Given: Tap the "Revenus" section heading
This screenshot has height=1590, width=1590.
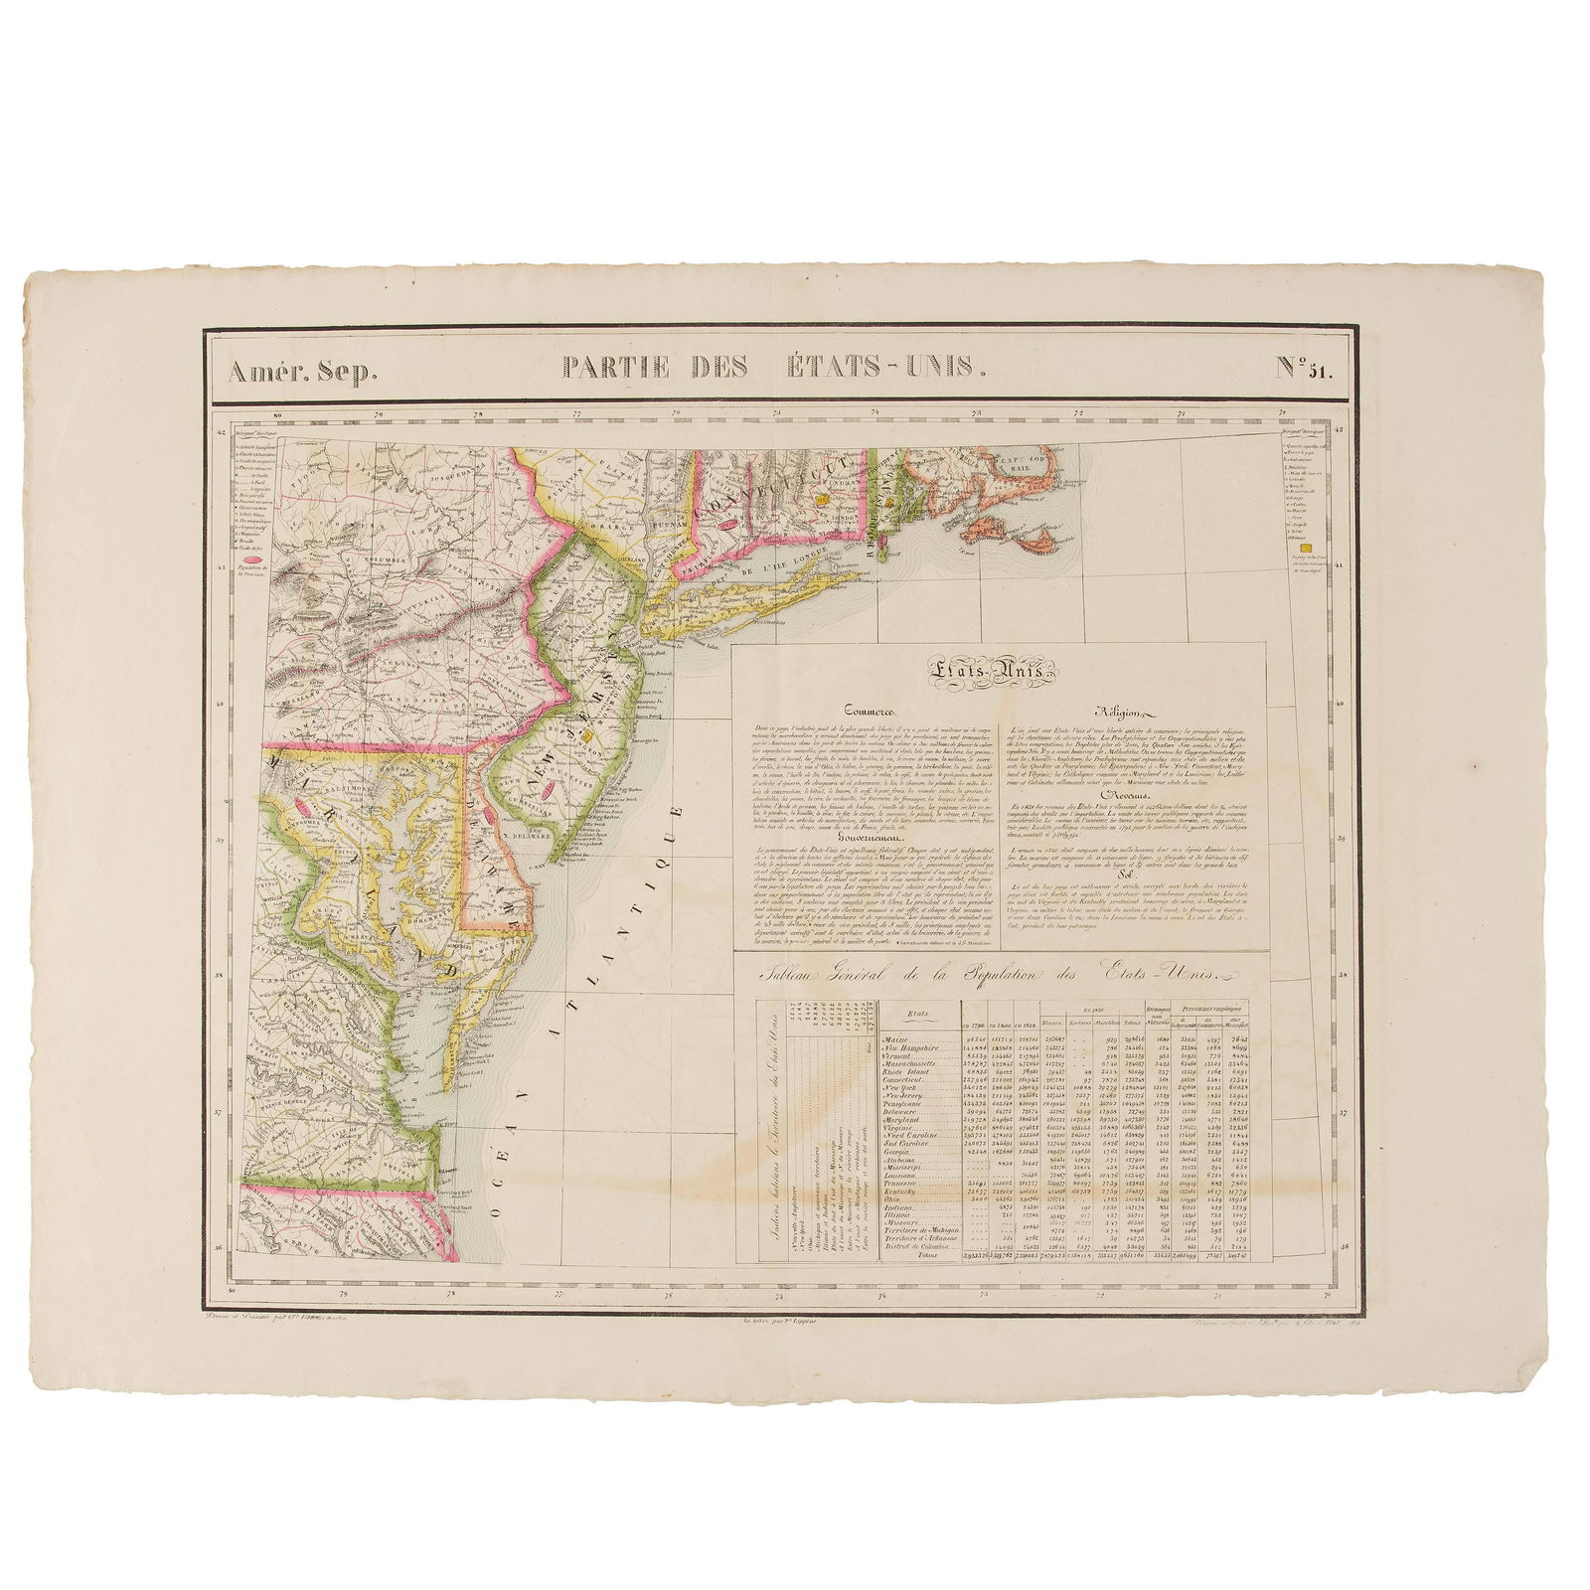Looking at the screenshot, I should [1132, 796].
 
